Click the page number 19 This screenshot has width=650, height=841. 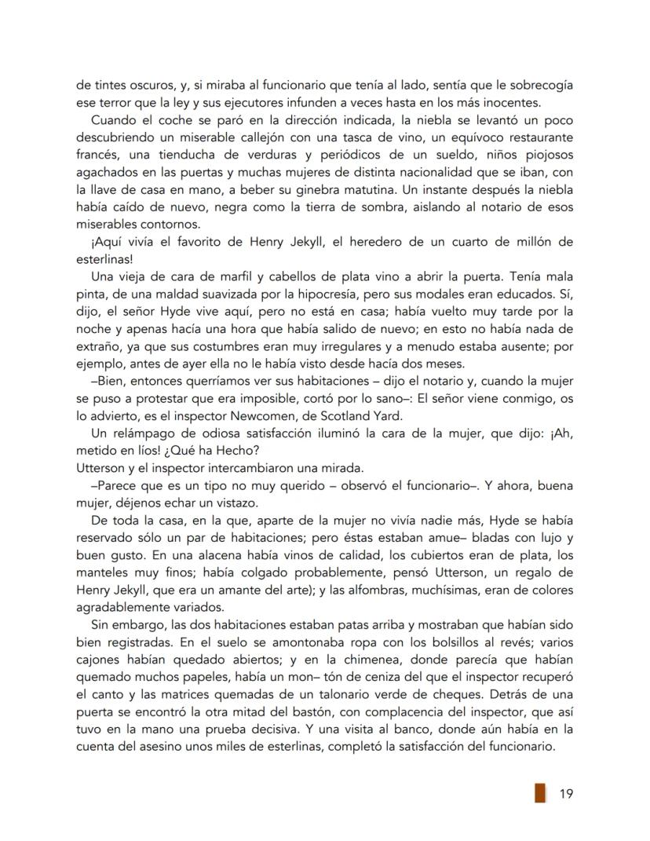pos(566,793)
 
